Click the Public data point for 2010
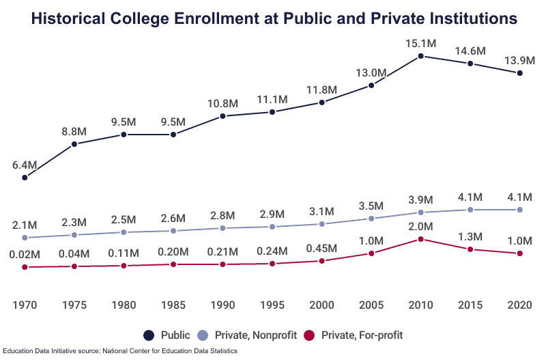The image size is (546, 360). (x=421, y=56)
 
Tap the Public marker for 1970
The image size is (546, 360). (x=25, y=178)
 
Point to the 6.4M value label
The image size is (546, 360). (x=25, y=165)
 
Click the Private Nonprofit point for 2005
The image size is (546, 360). (x=371, y=219)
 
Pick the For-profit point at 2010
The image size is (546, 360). (x=421, y=239)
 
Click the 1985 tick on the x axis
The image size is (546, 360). (x=173, y=303)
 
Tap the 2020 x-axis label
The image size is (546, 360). (x=520, y=303)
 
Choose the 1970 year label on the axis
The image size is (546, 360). (x=25, y=303)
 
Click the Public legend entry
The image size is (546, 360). (x=164, y=335)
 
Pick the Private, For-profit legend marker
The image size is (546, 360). (x=309, y=335)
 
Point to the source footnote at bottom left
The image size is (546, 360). (x=119, y=351)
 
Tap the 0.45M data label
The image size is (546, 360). (x=322, y=247)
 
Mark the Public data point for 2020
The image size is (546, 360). (x=520, y=73)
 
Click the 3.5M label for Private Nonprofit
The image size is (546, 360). (x=372, y=206)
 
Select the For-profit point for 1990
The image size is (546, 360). (x=223, y=264)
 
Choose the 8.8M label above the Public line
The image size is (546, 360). (x=74, y=131)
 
